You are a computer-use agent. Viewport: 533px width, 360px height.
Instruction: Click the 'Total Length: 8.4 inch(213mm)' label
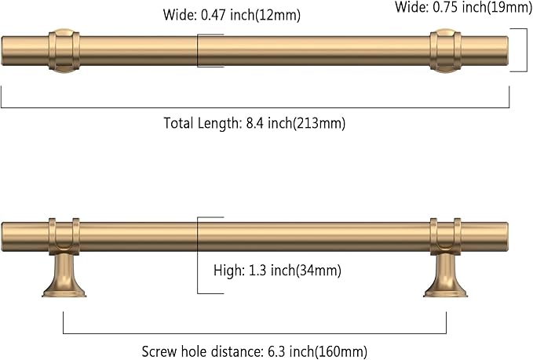[x=254, y=123]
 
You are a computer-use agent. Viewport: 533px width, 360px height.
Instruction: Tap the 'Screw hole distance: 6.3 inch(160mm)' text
[x=254, y=351]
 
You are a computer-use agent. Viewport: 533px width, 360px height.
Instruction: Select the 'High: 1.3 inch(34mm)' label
[x=277, y=271]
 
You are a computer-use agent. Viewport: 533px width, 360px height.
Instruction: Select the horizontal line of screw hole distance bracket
[x=254, y=334]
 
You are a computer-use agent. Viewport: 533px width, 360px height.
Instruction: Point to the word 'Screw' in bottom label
[x=160, y=351]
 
